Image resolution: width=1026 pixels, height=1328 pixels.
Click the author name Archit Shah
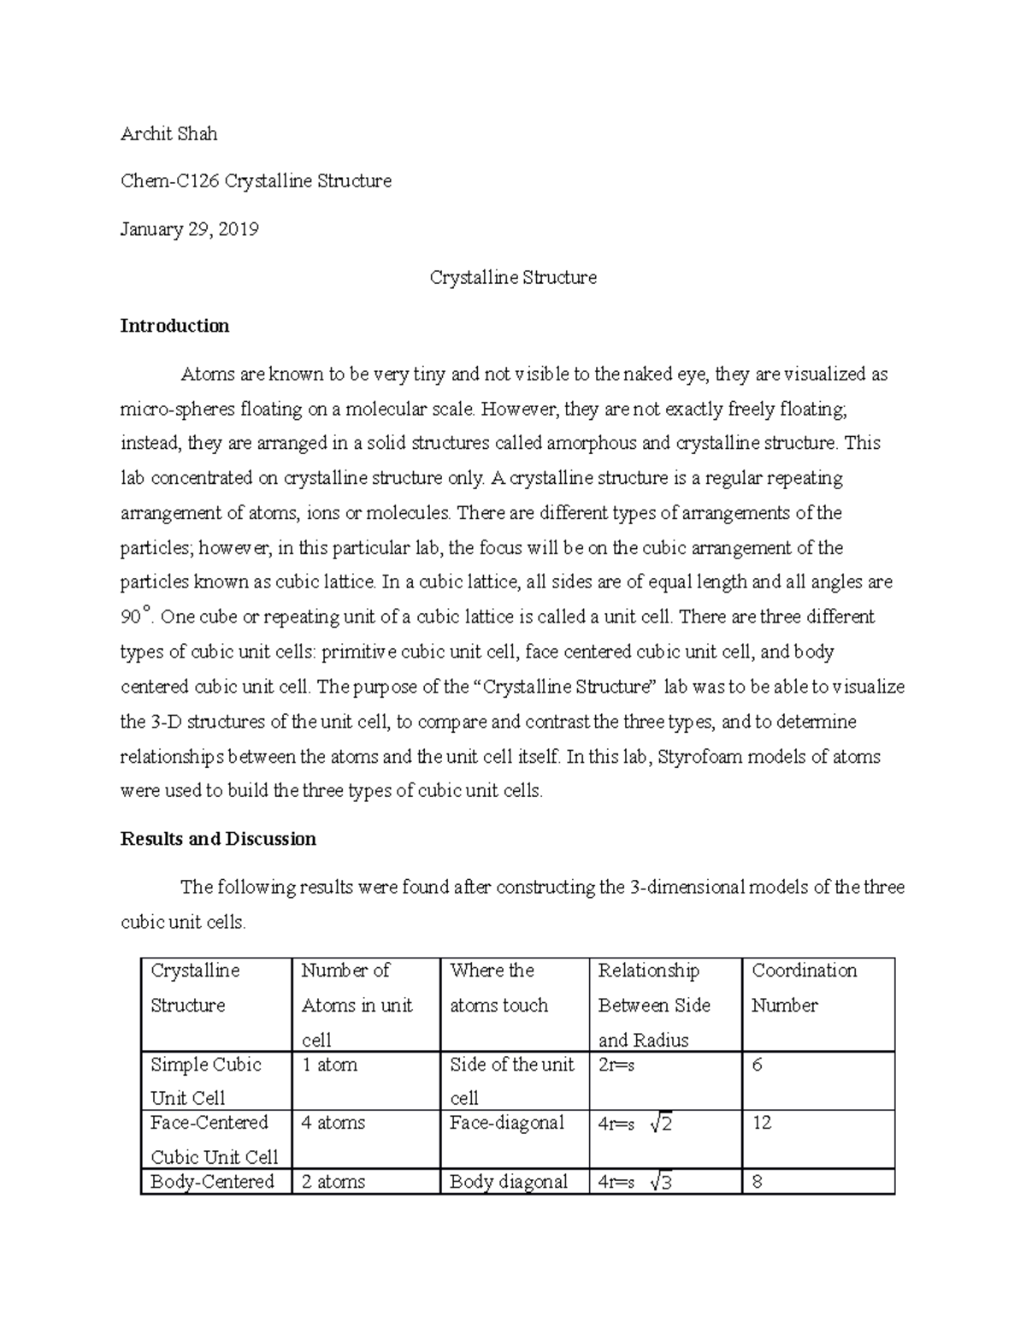coord(168,133)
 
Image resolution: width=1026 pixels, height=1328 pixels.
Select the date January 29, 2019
coord(189,229)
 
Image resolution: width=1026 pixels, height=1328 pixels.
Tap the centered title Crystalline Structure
coord(512,277)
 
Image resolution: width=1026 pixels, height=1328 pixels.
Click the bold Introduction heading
coord(174,326)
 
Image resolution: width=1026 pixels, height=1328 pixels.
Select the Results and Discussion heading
coord(218,839)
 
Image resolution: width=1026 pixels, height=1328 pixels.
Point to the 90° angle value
coord(134,616)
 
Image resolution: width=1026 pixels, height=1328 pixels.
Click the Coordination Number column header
coord(803,988)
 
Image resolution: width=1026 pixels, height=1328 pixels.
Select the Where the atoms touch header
coord(498,988)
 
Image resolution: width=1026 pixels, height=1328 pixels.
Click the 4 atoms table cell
coord(333,1123)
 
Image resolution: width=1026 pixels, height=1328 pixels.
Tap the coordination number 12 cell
coord(761,1123)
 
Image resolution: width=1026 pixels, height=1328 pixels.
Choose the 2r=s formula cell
coord(616,1065)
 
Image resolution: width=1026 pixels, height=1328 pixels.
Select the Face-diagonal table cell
coord(506,1123)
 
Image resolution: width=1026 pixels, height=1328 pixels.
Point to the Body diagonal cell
coord(508,1182)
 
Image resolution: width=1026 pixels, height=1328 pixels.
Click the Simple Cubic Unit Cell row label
coord(205,1081)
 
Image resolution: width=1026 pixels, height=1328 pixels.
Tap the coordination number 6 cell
coord(757,1065)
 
